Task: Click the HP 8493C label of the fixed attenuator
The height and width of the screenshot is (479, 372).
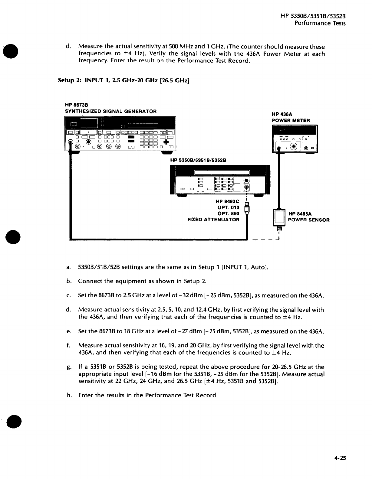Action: tap(227, 201)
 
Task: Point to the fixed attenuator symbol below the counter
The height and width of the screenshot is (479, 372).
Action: tap(247, 207)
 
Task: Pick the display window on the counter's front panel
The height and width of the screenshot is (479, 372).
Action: tap(221, 172)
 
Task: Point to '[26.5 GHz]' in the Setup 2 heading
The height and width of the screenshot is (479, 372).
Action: tap(173, 80)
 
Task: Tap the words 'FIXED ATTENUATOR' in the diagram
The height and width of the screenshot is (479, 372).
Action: tap(213, 220)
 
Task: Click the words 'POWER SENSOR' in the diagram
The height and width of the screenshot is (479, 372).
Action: tap(308, 220)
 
